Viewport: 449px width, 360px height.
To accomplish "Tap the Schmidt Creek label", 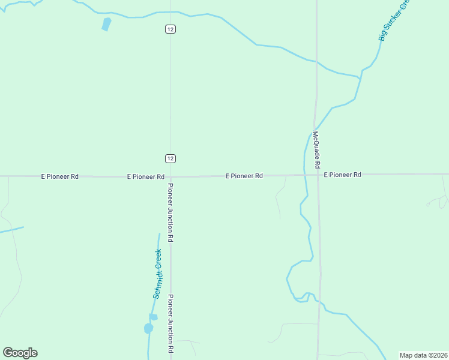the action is click(158, 274).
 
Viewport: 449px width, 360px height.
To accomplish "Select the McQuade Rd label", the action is click(316, 149).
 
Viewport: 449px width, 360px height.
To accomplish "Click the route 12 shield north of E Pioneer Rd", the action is click(170, 158).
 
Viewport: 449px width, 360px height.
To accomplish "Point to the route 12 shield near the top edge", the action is click(170, 29).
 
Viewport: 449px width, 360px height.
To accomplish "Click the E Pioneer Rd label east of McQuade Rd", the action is click(342, 175).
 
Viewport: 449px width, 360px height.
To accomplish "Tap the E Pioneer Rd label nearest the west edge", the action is click(59, 176).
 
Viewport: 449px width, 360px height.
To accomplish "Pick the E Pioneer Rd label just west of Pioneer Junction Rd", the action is click(145, 177).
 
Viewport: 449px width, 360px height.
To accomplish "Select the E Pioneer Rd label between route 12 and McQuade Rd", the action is click(244, 176).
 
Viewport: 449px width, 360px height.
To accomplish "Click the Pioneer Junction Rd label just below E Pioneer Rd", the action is click(170, 212).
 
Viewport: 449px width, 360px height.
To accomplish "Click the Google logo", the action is click(20, 353).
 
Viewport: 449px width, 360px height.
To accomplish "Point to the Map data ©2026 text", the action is click(424, 355).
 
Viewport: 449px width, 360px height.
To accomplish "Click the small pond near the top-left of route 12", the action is click(106, 24).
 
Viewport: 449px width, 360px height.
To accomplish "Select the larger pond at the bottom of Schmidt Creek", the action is click(148, 328).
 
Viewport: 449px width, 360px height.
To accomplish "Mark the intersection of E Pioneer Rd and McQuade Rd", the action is click(318, 175).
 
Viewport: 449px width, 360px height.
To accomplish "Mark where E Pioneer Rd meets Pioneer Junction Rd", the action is click(170, 176).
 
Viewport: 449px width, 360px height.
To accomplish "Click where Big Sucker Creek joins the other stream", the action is click(360, 77).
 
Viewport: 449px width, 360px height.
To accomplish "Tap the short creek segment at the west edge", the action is click(11, 229).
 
